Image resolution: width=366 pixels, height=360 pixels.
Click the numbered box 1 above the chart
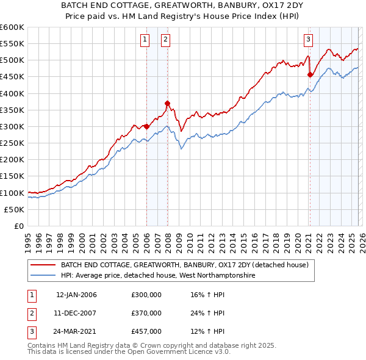pos(145,40)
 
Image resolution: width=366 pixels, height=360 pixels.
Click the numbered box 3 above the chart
pos(309,40)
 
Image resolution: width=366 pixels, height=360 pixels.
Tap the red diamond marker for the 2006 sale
pos(147,127)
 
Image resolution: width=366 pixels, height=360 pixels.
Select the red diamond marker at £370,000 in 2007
pos(167,103)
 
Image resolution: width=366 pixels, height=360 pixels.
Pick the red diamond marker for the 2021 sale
pos(310,74)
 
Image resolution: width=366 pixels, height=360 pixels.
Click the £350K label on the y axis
pos(12,110)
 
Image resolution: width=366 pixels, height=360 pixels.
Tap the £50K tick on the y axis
pos(14,209)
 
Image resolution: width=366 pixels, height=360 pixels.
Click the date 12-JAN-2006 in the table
pos(76,295)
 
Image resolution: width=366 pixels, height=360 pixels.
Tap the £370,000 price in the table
pos(146,313)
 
